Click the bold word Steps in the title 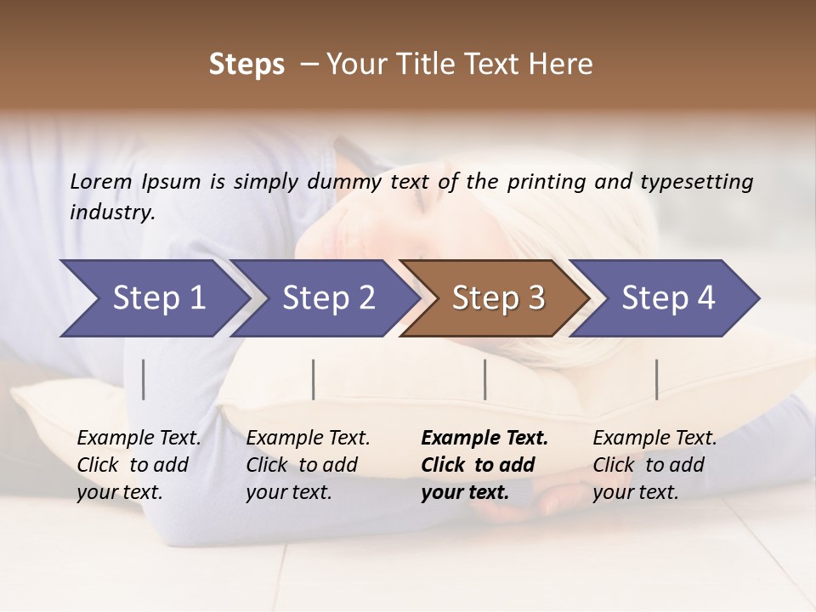[246, 65]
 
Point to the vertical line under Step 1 [144, 379]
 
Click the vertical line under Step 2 [314, 379]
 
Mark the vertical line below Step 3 [485, 379]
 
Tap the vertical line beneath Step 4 [657, 379]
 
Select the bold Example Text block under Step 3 [484, 465]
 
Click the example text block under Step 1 [139, 465]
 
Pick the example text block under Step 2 [308, 465]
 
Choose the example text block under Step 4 [654, 465]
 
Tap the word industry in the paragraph [112, 212]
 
